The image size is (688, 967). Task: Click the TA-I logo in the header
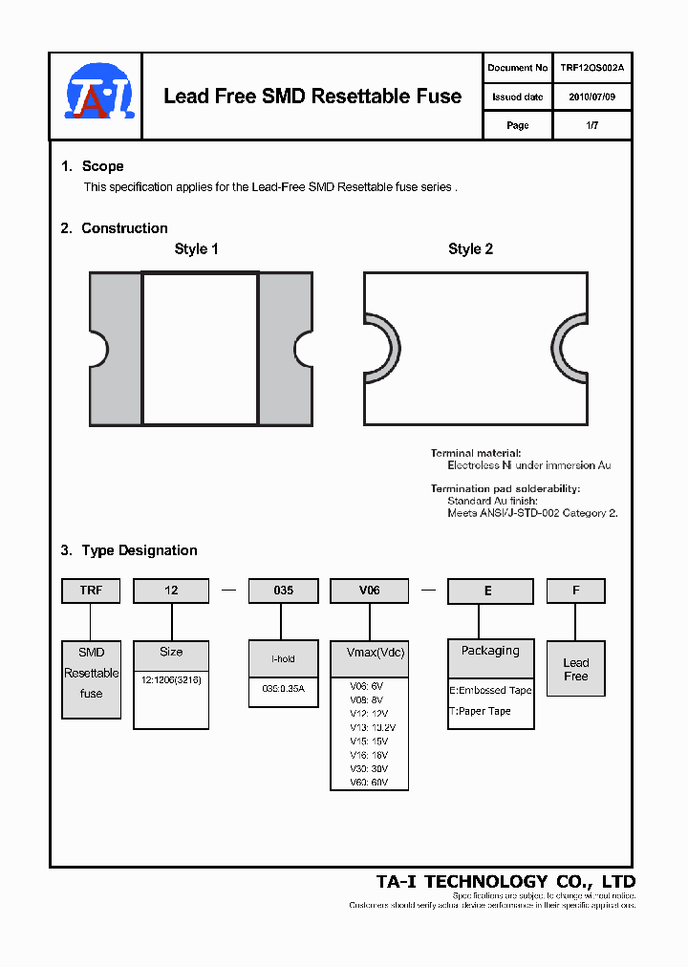100,92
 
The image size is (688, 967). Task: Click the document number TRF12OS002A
592,68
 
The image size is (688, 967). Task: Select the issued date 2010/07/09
592,97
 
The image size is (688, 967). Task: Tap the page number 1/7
592,125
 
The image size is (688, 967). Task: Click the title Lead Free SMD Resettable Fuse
312,97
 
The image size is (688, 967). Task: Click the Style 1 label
196,248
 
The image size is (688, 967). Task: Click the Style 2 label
470,248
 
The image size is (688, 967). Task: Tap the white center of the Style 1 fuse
200,349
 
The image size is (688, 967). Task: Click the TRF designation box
91,591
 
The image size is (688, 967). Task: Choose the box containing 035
283,591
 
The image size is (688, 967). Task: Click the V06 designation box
369,591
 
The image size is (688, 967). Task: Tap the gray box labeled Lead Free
575,670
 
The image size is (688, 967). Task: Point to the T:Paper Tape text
481,711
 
